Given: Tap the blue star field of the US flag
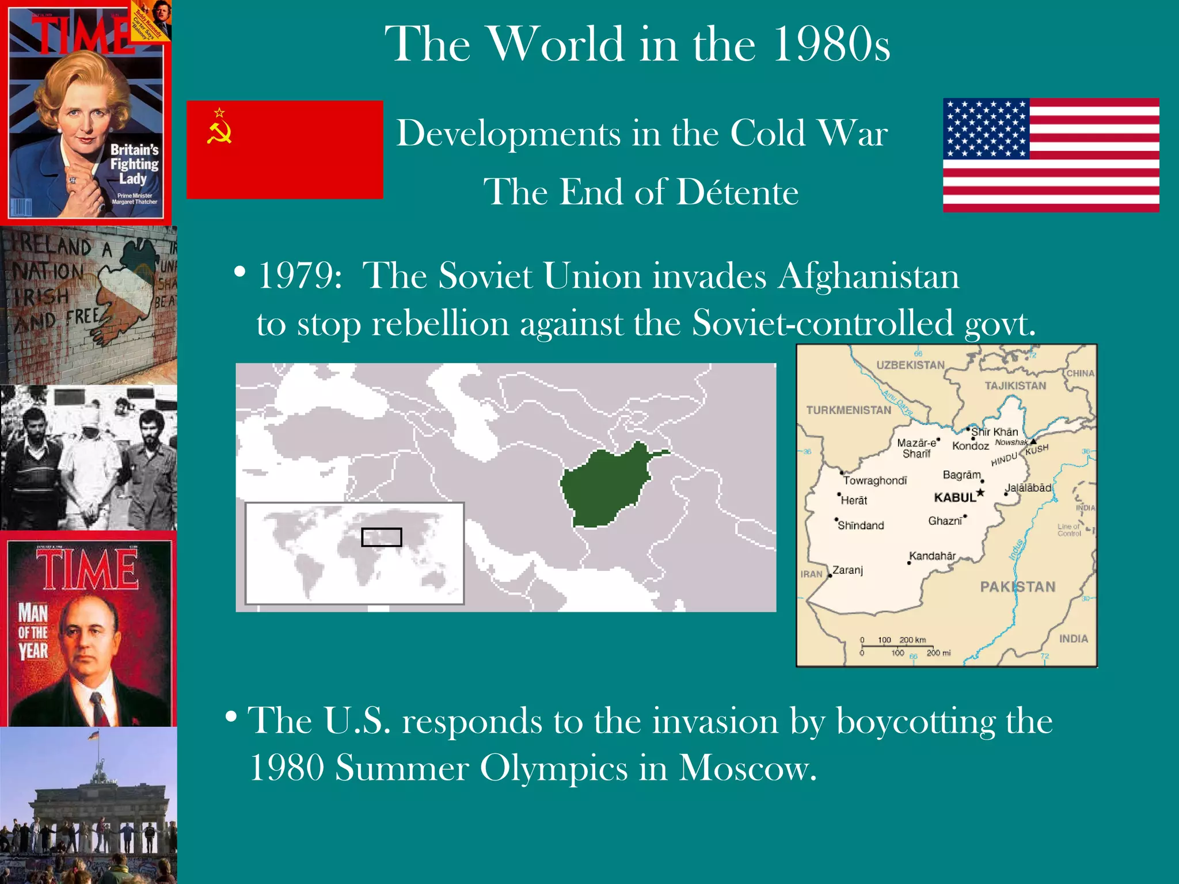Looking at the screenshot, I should coord(986,128).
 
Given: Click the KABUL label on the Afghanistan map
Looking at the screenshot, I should coord(955,498).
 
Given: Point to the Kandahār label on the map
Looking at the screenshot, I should coord(932,556).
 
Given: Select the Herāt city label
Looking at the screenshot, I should coord(854,501).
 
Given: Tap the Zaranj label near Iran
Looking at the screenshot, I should coord(847,570).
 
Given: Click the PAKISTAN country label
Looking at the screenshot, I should coord(1018,587).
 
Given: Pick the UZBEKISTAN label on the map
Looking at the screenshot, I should coord(910,365).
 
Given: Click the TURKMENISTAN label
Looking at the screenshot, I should coord(849,410).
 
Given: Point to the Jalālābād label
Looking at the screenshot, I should coord(1028,488).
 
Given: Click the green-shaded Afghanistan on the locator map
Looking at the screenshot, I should coord(604,486).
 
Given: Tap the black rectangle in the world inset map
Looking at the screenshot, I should coord(381,537).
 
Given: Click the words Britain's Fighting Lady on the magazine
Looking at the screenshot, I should coord(134,165).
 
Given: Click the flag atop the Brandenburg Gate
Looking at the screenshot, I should coord(93,736).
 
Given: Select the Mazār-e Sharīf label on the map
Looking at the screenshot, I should coord(916,448).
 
